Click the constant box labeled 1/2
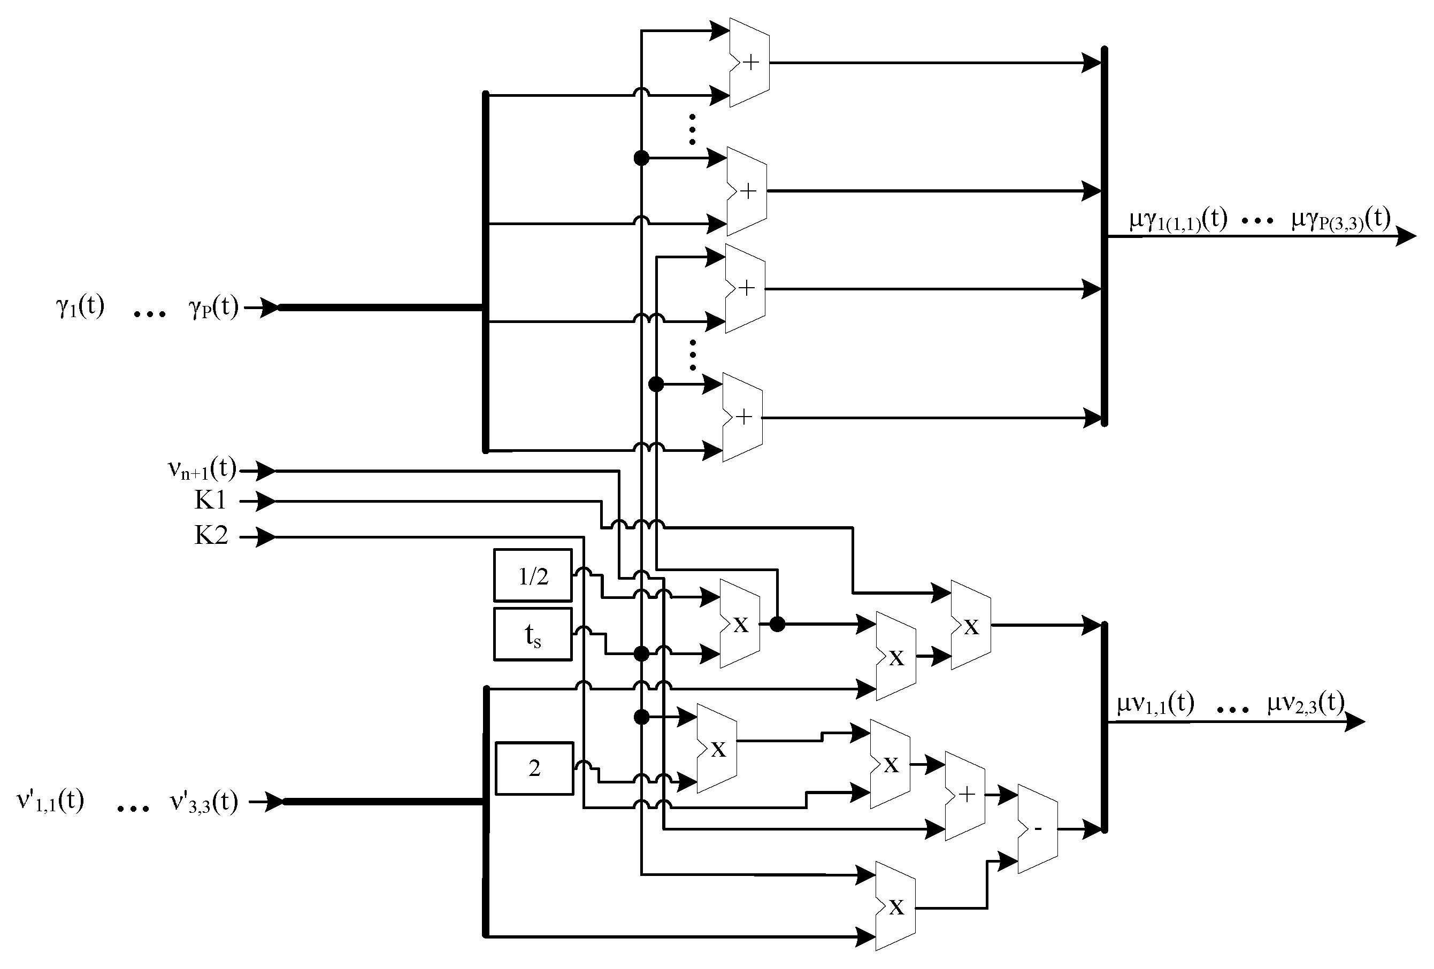(533, 575)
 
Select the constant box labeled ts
(533, 634)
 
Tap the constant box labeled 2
(534, 768)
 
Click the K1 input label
(210, 500)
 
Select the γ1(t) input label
(80, 306)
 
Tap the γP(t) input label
(213, 306)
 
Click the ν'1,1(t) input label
(51, 801)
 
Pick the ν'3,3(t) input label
(204, 801)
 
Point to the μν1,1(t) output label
(1155, 703)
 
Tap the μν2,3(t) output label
(1306, 703)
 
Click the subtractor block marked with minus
(1037, 828)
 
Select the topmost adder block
(749, 62)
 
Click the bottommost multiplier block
(895, 906)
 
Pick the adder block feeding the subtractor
(965, 796)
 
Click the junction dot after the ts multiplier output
(778, 624)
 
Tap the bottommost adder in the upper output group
(742, 417)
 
